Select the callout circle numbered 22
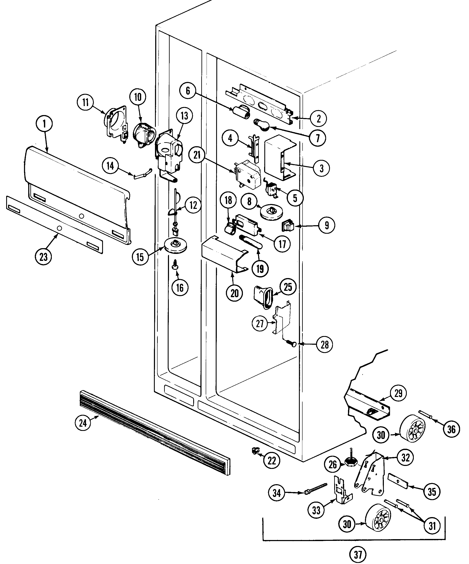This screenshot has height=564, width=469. click(x=272, y=461)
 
